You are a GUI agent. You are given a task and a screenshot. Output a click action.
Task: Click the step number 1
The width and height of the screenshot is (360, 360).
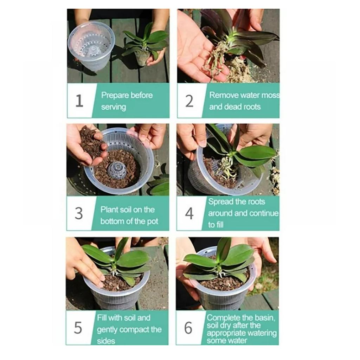click(79, 101)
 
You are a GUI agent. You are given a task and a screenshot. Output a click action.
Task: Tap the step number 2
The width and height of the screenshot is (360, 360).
click(189, 101)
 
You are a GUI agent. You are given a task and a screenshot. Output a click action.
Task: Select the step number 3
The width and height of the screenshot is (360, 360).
click(79, 213)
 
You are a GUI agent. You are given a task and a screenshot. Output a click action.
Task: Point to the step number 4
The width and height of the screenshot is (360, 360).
click(189, 213)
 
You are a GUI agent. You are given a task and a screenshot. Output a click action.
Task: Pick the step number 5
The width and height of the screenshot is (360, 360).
click(78, 328)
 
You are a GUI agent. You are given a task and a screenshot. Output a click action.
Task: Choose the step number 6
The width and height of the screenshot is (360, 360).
click(188, 328)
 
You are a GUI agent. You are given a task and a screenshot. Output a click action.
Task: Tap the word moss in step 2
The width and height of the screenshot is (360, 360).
click(271, 95)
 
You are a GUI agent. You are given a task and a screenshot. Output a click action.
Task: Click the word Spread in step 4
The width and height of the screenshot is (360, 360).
click(221, 202)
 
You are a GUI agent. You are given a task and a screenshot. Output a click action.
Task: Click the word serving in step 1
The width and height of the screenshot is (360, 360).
click(114, 107)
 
